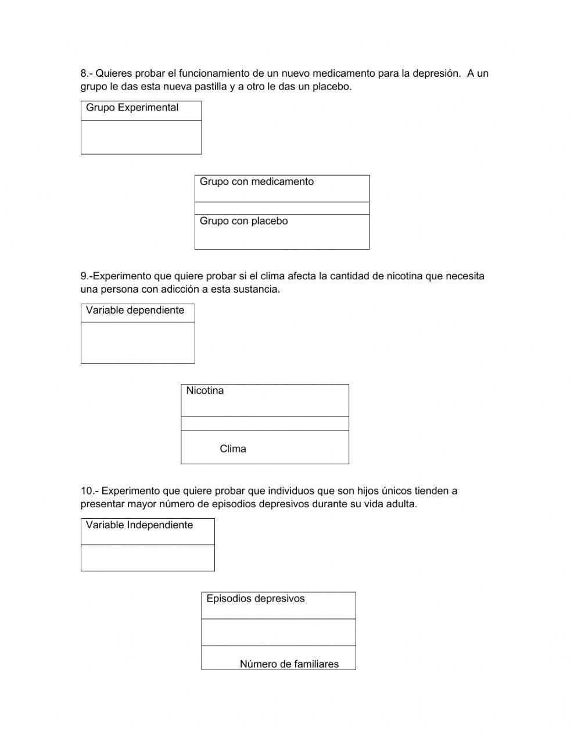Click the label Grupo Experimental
pos(132,108)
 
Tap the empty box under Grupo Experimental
pos(141,137)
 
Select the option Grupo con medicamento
pos(256,181)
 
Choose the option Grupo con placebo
pos(243,221)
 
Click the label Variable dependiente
pos(135,311)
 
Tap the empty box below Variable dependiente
pos(138,343)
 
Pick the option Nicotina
pos(205,391)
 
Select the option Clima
pos(233,449)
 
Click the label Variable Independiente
pos(139,525)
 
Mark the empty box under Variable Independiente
pos(148,558)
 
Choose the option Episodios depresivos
pos(255,599)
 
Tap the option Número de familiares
pos(289,664)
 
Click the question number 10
pos(88,491)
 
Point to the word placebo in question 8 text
pos(331,87)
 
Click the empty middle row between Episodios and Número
pos(278,632)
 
